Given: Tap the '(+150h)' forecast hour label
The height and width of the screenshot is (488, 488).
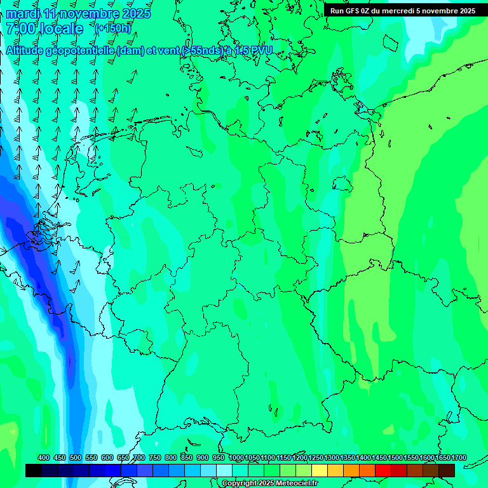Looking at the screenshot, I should pos(112,28).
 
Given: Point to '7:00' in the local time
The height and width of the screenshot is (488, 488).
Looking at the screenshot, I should pos(20,29).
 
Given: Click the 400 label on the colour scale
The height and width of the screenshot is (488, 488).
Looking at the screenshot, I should pos(44,457).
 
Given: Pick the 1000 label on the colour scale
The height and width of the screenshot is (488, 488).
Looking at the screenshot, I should pos(236,457).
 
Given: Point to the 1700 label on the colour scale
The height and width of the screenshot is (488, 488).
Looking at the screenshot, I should pos(459,457).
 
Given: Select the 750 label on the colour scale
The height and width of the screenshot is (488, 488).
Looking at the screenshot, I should pos(154,457).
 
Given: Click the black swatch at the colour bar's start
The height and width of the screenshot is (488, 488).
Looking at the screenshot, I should pos(34,470).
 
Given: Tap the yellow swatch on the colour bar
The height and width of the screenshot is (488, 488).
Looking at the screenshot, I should pos(320,470).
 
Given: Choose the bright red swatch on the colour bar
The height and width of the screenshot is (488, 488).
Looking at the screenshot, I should pos(383,470).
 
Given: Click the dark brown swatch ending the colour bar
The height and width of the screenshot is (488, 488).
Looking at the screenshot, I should pos(447,470).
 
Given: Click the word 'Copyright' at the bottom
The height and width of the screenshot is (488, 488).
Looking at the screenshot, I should pos(239,484).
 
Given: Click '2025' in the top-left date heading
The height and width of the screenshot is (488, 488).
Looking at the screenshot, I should pos(136,13).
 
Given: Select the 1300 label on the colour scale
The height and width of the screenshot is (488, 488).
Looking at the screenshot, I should pos(332,457).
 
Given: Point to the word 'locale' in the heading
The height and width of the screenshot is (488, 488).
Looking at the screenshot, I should pos(62,29).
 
